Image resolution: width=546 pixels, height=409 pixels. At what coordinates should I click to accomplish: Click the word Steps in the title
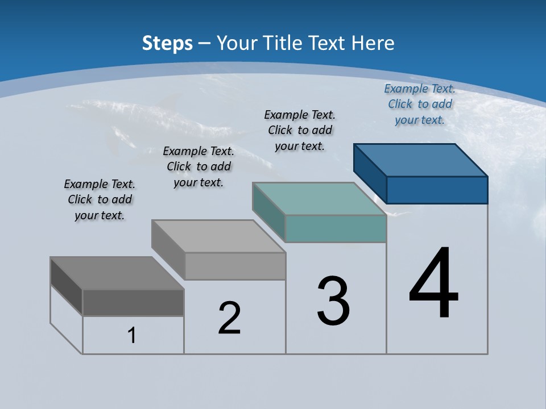tap(167, 43)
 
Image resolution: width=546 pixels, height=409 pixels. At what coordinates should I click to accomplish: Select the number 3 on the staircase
tap(333, 301)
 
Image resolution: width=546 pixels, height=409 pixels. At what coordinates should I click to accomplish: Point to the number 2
tap(230, 318)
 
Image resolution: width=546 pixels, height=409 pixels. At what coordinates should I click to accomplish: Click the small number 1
tap(132, 336)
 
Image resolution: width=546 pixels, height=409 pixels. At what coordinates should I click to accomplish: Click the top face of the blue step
tap(421, 160)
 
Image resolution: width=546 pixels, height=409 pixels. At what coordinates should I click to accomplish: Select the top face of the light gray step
tap(218, 236)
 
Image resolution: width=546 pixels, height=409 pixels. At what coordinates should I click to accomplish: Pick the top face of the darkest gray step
tap(117, 273)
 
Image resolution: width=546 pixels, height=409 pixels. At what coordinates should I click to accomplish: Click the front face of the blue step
tap(437, 190)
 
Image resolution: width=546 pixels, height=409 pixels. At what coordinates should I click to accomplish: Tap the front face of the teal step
tap(336, 228)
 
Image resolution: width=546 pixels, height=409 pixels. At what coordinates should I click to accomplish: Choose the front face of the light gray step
tap(235, 266)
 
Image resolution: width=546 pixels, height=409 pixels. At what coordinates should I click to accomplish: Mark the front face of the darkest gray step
tap(133, 302)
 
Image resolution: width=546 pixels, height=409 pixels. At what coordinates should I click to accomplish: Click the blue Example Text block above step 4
tap(420, 105)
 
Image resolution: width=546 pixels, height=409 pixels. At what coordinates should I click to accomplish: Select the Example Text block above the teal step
tap(300, 131)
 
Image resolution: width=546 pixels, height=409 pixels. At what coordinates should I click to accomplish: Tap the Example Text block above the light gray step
tap(198, 167)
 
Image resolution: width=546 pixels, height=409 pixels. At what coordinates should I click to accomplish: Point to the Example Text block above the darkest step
tap(100, 200)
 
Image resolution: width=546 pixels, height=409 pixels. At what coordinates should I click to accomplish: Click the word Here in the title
tap(374, 43)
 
